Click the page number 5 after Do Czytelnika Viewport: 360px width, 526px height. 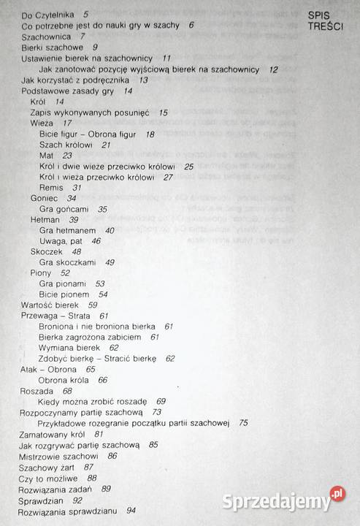click(x=86, y=14)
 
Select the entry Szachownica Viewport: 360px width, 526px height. click(x=47, y=35)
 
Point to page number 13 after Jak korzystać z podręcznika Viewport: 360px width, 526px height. click(x=143, y=80)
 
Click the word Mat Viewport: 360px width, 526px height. click(x=47, y=156)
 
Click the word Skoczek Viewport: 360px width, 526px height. click(x=45, y=251)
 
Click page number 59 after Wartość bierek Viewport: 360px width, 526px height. click(x=93, y=304)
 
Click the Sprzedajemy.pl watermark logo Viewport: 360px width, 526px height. click(x=295, y=499)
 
